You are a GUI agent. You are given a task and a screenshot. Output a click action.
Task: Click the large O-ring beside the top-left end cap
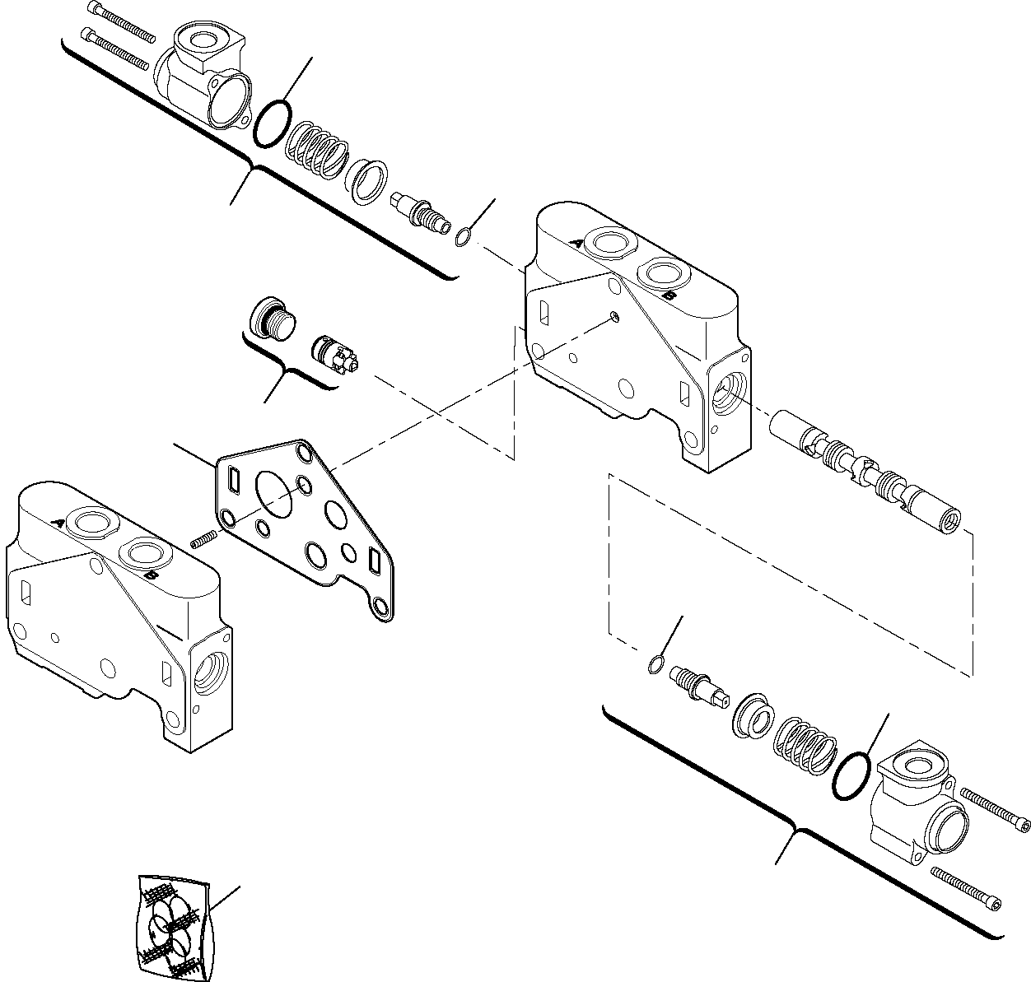pyautogui.click(x=272, y=124)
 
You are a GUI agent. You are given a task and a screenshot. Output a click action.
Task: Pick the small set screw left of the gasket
pyautogui.click(x=203, y=540)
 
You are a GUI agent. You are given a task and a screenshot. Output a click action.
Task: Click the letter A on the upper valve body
pyautogui.click(x=578, y=243)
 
